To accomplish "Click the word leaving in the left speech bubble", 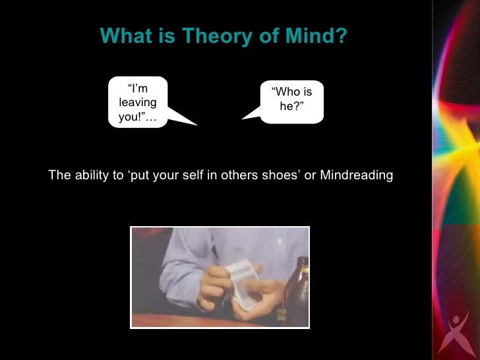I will point(138,102).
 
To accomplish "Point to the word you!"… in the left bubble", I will point(138,117).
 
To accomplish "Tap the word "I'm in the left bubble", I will point(138,88).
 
